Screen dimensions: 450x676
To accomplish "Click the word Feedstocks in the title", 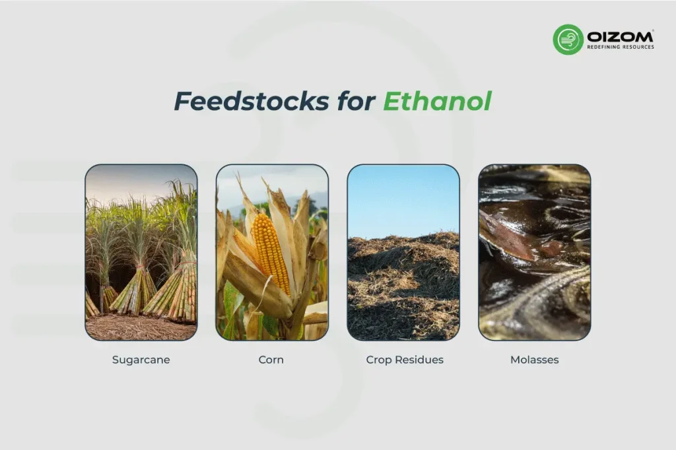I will pos(251,102).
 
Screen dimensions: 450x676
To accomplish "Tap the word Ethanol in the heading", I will pos(437,102).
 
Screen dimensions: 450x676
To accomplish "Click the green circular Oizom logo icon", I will pos(568,39).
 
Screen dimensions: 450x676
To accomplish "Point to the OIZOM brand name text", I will pos(621,35).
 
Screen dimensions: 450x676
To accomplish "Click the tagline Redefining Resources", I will pos(621,47).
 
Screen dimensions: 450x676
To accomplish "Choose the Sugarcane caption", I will pos(141,360).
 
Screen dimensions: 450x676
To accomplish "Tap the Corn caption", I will pos(271,360).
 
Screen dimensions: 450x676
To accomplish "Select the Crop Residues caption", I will pos(404,360).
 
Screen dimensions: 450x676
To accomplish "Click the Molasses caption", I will pos(534,360).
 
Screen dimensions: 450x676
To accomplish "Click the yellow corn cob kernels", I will pos(271,251).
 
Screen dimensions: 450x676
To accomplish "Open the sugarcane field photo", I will pos(141,252).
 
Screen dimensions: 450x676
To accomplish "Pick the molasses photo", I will pos(534,252).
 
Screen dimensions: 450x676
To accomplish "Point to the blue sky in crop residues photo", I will pos(403,198).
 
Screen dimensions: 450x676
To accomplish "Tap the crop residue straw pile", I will pos(403,290).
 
